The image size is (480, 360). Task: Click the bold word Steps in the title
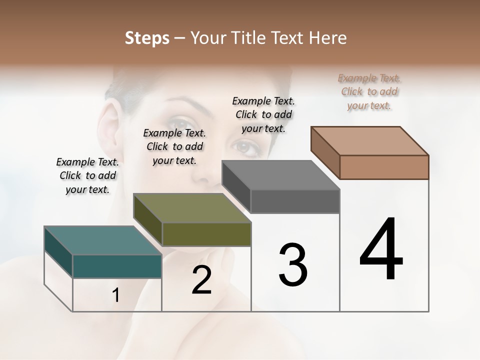(x=147, y=38)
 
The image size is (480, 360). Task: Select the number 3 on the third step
(x=292, y=264)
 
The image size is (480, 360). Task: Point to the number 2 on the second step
(x=201, y=280)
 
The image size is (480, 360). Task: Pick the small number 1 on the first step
(x=116, y=295)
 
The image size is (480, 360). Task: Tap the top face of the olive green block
(x=191, y=207)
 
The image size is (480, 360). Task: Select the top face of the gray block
(x=280, y=175)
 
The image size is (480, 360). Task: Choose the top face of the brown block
(x=369, y=140)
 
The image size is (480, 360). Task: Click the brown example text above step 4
(x=369, y=91)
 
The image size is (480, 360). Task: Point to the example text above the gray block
(x=263, y=114)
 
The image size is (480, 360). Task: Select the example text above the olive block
(x=174, y=146)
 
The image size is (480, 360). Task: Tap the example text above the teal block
(x=87, y=175)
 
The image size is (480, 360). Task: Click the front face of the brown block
(x=384, y=167)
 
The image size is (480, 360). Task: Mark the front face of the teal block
(x=117, y=266)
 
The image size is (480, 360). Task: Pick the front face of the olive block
(x=206, y=234)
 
